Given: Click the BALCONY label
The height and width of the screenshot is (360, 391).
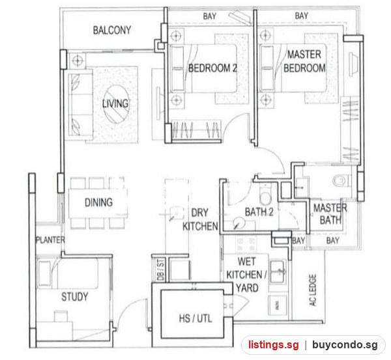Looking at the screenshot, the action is [112, 31].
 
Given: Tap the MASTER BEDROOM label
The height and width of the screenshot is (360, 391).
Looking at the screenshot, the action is [304, 61].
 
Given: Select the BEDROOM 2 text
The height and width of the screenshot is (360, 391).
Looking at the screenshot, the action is [212, 68].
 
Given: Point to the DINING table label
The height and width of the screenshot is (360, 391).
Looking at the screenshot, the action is [99, 202].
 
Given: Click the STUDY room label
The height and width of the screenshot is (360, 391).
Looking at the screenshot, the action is [75, 297].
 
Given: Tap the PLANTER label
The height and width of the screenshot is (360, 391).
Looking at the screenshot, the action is [50, 240].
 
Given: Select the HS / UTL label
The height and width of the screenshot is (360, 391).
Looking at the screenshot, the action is [195, 318].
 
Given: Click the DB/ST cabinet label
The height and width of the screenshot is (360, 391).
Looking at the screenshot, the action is [161, 270].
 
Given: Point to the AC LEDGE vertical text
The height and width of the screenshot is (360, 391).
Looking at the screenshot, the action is [313, 290].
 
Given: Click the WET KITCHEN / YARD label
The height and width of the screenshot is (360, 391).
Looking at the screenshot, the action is [246, 275].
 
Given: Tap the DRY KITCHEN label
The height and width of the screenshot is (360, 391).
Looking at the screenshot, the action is [200, 219].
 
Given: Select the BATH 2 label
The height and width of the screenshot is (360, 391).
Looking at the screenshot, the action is [259, 212].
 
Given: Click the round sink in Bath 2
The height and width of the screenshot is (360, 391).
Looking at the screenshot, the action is [239, 222].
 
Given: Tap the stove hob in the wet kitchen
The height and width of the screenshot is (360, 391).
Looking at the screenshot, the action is [246, 244].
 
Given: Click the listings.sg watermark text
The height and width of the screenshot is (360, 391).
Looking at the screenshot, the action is [273, 345].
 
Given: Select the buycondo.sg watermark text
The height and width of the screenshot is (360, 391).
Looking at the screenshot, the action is [345, 345].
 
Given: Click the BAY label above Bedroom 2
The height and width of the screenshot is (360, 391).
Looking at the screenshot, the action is [209, 16].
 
